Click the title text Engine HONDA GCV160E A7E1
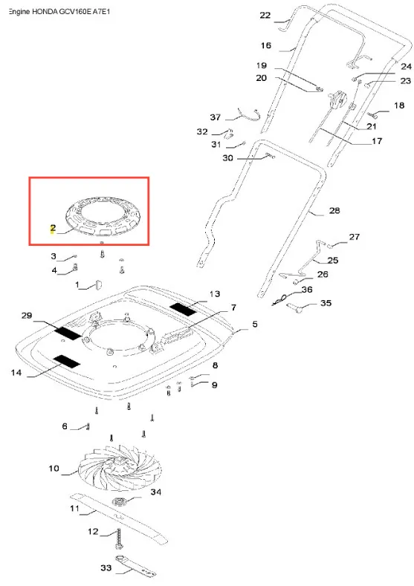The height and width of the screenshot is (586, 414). point(59,12)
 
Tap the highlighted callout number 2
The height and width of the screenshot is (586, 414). point(53,228)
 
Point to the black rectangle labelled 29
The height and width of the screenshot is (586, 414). point(68,332)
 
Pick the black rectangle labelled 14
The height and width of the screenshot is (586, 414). point(67,361)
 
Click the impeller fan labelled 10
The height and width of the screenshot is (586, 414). point(121,467)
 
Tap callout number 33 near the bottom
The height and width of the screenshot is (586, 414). point(106,567)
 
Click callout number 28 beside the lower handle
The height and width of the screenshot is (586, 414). point(334,210)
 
